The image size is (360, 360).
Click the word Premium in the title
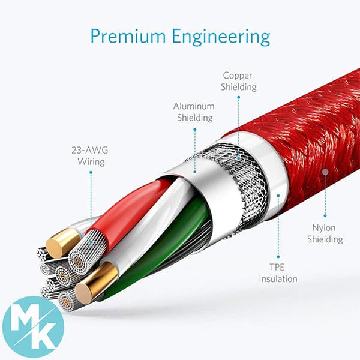pyautogui.click(x=128, y=37)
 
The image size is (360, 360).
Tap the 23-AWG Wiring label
pyautogui.click(x=90, y=156)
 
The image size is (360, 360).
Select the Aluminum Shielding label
pyautogui.click(x=194, y=112)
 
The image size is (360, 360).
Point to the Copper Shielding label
pyautogui.click(x=239, y=81)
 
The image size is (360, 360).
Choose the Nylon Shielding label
pyautogui.click(x=325, y=233)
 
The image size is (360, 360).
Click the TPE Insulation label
pyautogui.click(x=278, y=273)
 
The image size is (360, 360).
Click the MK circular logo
pyautogui.click(x=33, y=327)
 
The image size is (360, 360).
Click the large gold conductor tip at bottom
pyautogui.click(x=97, y=284)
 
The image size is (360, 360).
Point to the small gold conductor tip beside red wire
pyautogui.click(x=62, y=243)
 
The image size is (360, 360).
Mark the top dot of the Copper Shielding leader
pyautogui.click(x=239, y=97)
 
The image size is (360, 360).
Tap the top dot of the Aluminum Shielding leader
pyautogui.click(x=194, y=130)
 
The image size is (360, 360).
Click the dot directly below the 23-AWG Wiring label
pyautogui.click(x=91, y=172)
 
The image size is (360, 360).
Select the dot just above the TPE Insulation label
pyautogui.click(x=278, y=257)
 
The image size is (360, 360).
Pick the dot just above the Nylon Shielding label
pyautogui.click(x=325, y=215)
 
